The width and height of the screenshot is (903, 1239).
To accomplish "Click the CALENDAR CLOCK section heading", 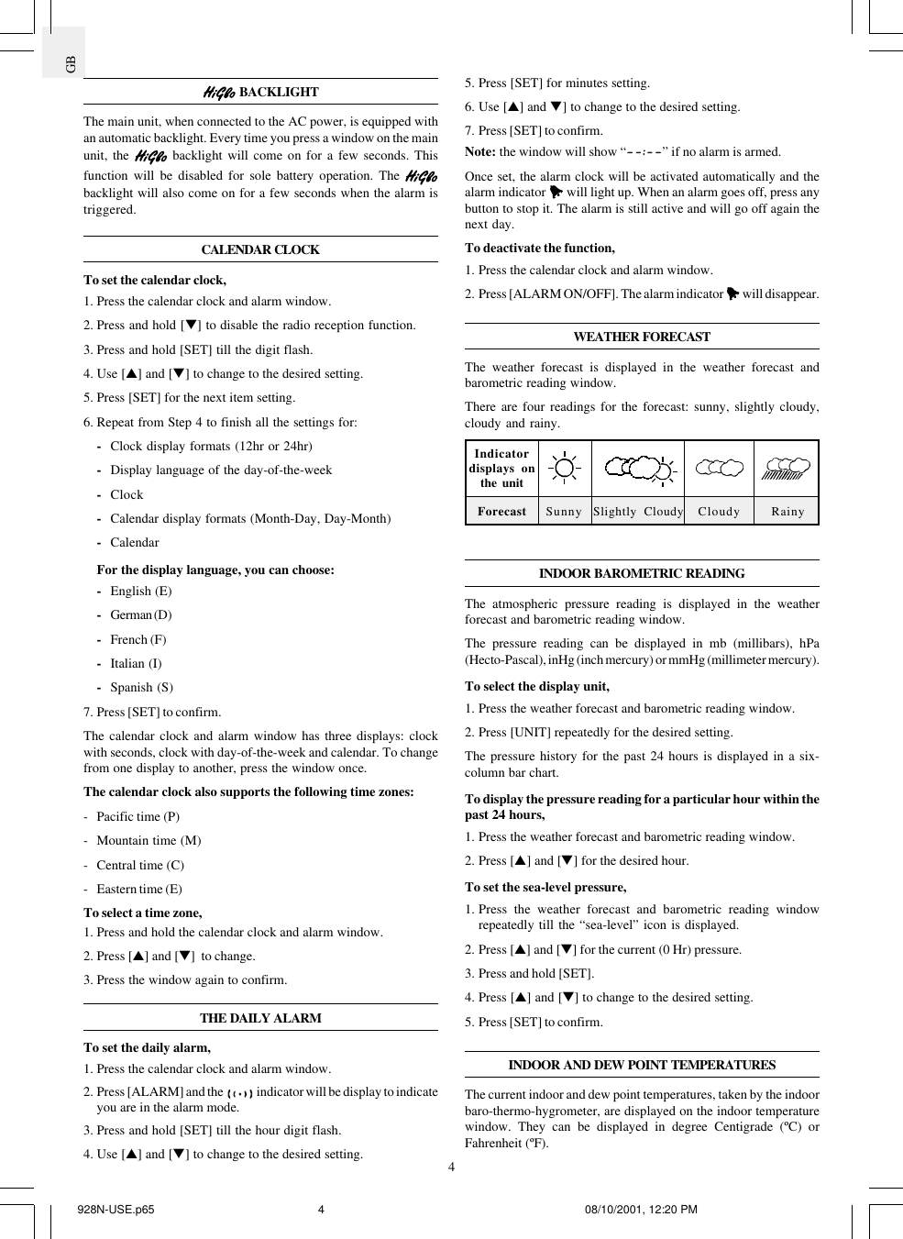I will tap(260, 249).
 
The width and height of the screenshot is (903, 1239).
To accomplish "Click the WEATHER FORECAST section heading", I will tap(642, 337).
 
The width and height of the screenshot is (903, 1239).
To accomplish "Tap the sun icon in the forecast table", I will tap(565, 469).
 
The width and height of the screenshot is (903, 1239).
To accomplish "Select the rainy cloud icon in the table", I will tap(787, 469).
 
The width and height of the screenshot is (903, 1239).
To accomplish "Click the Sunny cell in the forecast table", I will tap(564, 512).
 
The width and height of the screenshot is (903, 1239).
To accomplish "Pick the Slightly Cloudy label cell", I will tap(638, 512).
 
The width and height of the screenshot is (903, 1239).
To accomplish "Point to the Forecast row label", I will tap(501, 512).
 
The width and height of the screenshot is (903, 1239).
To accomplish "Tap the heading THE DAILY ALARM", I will tap(260, 1018).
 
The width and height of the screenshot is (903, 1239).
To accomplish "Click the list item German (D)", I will tap(140, 615).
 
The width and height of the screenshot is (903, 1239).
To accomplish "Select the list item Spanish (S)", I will tap(141, 688).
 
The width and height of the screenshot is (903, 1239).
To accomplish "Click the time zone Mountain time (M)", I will tap(149, 841).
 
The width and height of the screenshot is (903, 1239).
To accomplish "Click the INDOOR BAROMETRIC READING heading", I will tap(642, 573).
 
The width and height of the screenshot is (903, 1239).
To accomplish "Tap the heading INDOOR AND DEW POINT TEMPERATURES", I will tap(642, 1065).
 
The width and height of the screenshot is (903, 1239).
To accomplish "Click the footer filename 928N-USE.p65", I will tap(116, 1210).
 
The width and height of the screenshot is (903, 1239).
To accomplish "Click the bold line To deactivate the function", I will tap(539, 249).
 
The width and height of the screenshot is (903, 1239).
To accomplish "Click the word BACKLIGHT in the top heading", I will tap(279, 92).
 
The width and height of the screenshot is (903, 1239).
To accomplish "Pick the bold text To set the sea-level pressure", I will tap(545, 888).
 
